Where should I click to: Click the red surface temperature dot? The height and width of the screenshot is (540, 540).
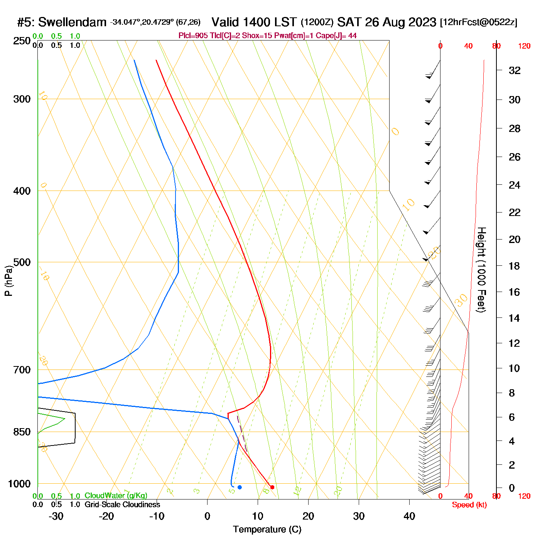point(272,487)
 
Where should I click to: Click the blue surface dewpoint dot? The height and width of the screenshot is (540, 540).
point(240,487)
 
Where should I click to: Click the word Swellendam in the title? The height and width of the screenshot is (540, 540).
point(72,22)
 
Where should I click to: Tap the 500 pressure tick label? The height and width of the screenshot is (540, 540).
point(22,262)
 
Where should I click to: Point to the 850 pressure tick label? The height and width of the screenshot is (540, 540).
point(22,432)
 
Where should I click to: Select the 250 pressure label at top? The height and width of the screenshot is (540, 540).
point(22,41)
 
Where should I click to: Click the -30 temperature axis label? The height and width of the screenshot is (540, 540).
point(56,516)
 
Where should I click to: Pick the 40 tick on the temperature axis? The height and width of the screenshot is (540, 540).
point(409,516)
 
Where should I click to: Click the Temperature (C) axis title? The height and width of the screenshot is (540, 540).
point(267,529)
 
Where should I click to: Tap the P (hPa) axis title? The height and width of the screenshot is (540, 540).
point(8,281)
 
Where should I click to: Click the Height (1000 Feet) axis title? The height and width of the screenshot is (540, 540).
point(481,270)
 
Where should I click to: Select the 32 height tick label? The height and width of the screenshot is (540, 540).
point(515,70)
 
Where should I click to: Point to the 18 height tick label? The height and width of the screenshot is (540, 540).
point(515,266)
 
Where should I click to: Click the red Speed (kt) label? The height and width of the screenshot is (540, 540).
point(469,505)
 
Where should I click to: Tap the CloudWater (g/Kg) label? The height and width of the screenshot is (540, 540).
point(116,496)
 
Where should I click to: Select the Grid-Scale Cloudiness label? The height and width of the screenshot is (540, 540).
point(122,505)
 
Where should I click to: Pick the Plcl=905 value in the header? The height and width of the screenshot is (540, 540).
point(193,36)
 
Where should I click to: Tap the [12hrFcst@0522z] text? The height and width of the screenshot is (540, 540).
point(478,22)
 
